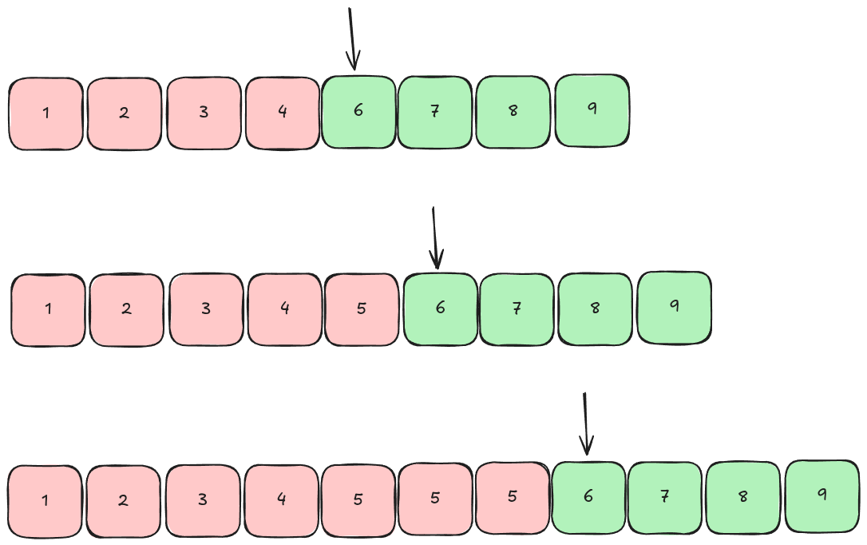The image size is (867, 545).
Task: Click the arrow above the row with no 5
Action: (352, 40)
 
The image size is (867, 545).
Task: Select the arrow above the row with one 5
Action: (434, 238)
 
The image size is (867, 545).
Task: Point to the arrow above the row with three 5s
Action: (586, 424)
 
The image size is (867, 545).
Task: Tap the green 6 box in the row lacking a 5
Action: (358, 112)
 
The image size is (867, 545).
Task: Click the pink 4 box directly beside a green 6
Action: (283, 113)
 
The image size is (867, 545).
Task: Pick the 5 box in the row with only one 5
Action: (361, 310)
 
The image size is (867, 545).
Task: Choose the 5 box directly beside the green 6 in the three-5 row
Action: (512, 498)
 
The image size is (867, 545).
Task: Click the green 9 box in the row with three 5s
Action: (821, 495)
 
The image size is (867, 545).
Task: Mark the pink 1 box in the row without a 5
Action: (46, 113)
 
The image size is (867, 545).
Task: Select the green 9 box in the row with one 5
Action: (674, 307)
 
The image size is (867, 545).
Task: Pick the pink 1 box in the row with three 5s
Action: (45, 501)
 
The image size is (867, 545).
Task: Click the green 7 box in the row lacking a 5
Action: (434, 112)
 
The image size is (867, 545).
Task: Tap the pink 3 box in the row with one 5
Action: (205, 310)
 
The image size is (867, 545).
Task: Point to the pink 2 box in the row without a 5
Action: (124, 113)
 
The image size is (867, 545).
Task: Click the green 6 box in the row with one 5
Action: (440, 310)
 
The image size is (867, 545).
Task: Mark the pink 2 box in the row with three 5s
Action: (123, 501)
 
